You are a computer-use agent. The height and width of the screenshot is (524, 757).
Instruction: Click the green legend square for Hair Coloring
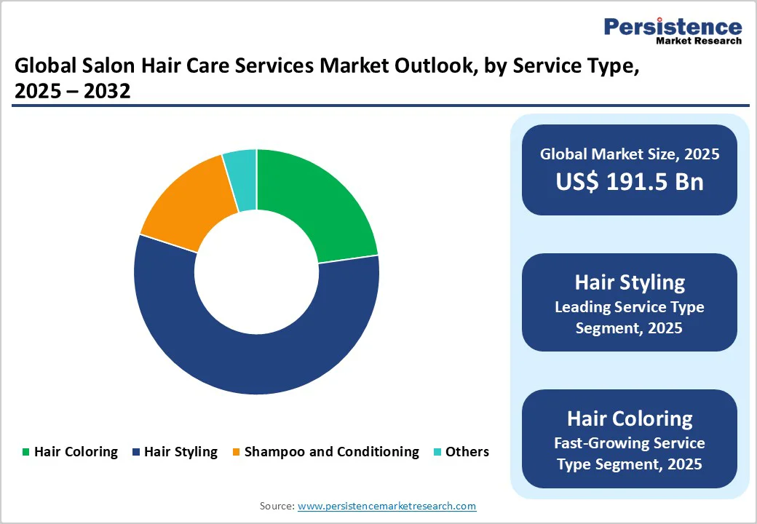click(26, 452)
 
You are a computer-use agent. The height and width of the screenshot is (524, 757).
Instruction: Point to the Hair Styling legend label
click(181, 452)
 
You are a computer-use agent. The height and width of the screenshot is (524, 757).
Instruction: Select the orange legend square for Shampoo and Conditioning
click(236, 452)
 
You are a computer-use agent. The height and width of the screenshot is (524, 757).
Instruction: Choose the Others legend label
click(467, 452)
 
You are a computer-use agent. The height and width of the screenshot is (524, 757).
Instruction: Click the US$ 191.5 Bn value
click(630, 181)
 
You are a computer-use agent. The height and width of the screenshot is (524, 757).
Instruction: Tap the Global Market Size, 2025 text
click(630, 154)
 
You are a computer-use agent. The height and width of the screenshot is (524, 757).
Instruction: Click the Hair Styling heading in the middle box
click(630, 282)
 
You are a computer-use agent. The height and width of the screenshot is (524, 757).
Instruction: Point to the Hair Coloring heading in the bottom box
click(630, 418)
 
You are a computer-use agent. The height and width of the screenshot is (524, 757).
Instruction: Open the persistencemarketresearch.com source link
click(387, 506)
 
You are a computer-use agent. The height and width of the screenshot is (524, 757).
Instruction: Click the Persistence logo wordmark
click(673, 27)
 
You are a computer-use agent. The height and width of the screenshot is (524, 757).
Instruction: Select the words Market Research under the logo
click(699, 41)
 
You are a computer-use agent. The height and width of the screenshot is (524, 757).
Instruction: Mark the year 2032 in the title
click(109, 92)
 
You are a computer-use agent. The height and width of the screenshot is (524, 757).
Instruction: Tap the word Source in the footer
click(276, 506)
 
